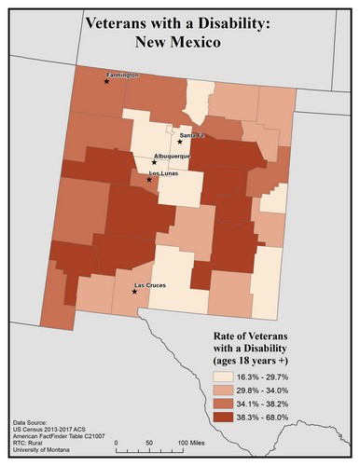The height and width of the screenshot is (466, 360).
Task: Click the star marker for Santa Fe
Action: coord(180,142)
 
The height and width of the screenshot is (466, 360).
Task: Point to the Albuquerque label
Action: coord(171,156)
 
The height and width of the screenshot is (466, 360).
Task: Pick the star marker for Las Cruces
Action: coord(135,292)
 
